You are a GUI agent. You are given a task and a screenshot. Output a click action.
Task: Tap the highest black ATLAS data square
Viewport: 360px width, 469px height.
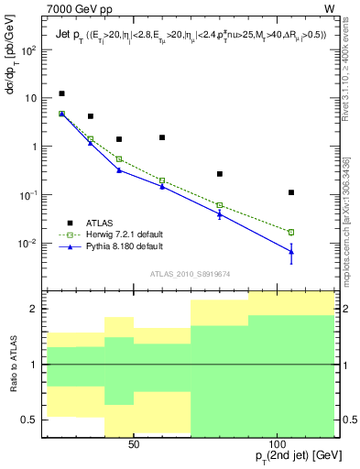tap(61, 93)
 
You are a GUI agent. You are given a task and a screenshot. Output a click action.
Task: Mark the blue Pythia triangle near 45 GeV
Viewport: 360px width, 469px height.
tap(119, 169)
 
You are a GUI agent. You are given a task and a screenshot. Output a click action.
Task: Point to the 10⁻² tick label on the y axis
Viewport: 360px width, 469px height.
tap(28, 244)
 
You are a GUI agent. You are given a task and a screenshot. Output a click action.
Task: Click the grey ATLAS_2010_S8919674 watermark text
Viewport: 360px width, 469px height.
tap(189, 273)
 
